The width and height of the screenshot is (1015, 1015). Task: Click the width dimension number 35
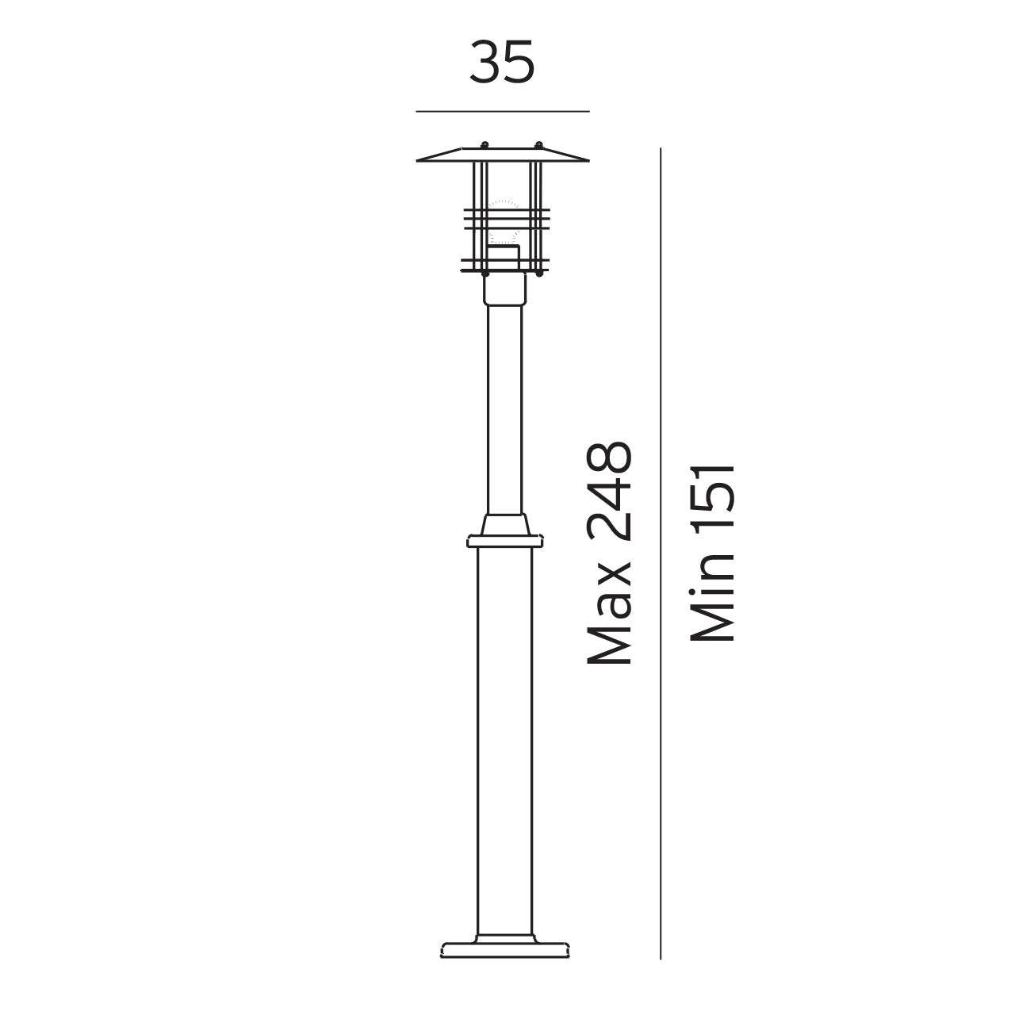coord(501,63)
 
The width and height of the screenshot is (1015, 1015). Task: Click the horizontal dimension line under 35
coord(503,112)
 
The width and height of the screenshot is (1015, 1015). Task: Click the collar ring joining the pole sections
coord(504,541)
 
